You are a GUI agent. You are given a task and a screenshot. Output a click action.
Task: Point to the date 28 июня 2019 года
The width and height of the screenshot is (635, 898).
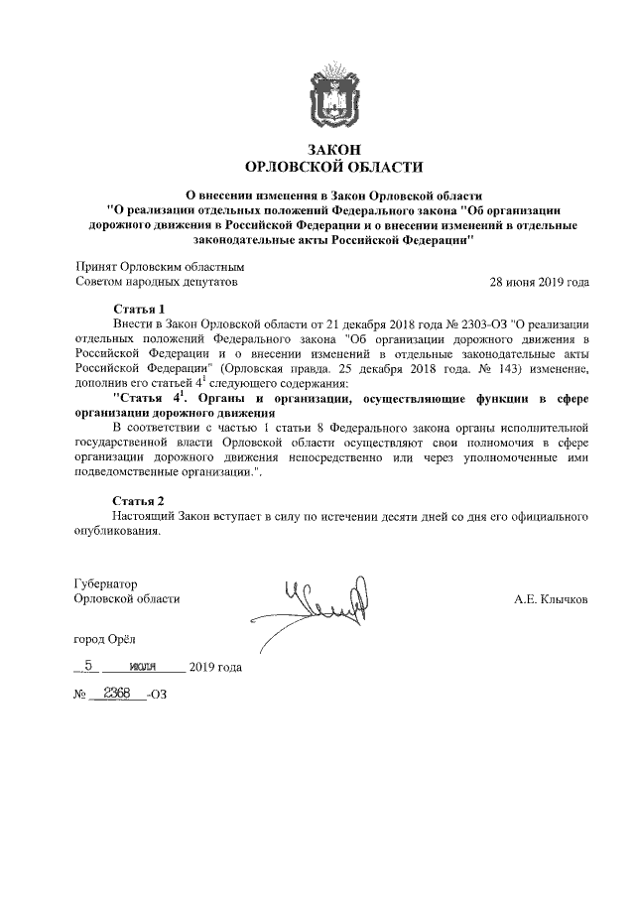[x=540, y=282]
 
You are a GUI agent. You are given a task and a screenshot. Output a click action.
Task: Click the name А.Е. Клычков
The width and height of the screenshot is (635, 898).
[x=551, y=600]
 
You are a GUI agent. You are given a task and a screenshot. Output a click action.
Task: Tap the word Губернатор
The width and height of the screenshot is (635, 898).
[x=106, y=584]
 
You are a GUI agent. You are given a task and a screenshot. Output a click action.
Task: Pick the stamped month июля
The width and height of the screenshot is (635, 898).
[x=144, y=667]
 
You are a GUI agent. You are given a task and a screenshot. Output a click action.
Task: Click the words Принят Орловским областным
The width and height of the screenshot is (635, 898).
[x=160, y=267]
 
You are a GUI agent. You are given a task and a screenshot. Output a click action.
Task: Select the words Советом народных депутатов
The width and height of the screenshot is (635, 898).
[x=157, y=282]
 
